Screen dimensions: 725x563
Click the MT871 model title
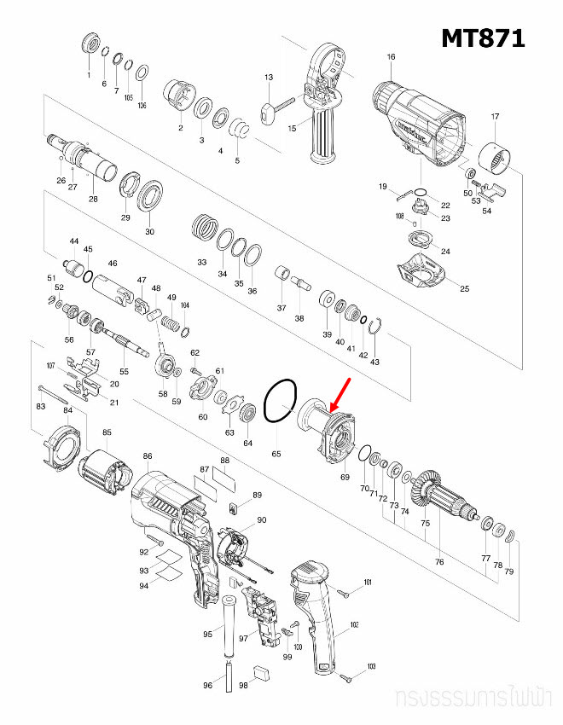point(482,38)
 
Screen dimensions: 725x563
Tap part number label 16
point(391,57)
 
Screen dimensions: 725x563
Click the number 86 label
point(148,457)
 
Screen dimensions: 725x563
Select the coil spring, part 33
point(204,228)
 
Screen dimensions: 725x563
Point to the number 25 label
point(465,290)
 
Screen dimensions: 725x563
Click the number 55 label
point(124,372)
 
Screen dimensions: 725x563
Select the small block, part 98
point(263,670)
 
